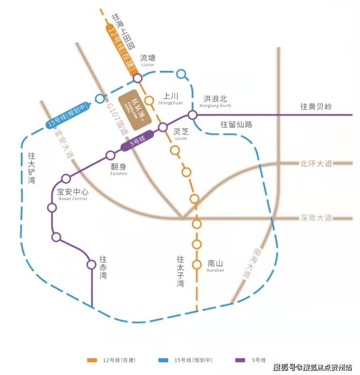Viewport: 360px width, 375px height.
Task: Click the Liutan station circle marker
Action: pyautogui.click(x=137, y=78)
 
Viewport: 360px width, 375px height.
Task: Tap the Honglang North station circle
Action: pyautogui.click(x=192, y=115)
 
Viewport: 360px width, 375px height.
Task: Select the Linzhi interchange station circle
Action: pyautogui.click(x=163, y=127)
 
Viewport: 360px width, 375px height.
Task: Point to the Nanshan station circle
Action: pyautogui.click(x=197, y=265)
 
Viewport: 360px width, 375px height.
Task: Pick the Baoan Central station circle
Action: pyautogui.click(x=66, y=179)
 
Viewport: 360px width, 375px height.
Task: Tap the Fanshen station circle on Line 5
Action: pyautogui.click(x=108, y=156)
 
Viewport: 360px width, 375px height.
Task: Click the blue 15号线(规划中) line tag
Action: pyautogui.click(x=69, y=117)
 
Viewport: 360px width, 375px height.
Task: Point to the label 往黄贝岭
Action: pyautogui.click(x=316, y=107)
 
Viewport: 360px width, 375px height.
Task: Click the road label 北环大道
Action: pyautogui.click(x=316, y=164)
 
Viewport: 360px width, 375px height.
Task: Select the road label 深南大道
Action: pyautogui.click(x=316, y=218)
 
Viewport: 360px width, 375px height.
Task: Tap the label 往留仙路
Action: pyautogui.click(x=236, y=125)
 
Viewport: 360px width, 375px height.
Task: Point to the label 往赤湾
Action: pyautogui.click(x=103, y=267)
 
